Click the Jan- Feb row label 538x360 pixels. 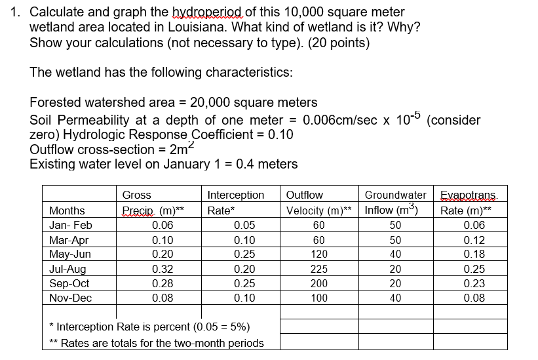[x=71, y=225]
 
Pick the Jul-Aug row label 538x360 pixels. [x=70, y=269]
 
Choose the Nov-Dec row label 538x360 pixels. [x=71, y=298]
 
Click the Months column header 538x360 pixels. [x=67, y=210]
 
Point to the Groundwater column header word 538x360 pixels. [x=395, y=195]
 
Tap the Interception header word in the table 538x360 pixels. [x=235, y=195]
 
